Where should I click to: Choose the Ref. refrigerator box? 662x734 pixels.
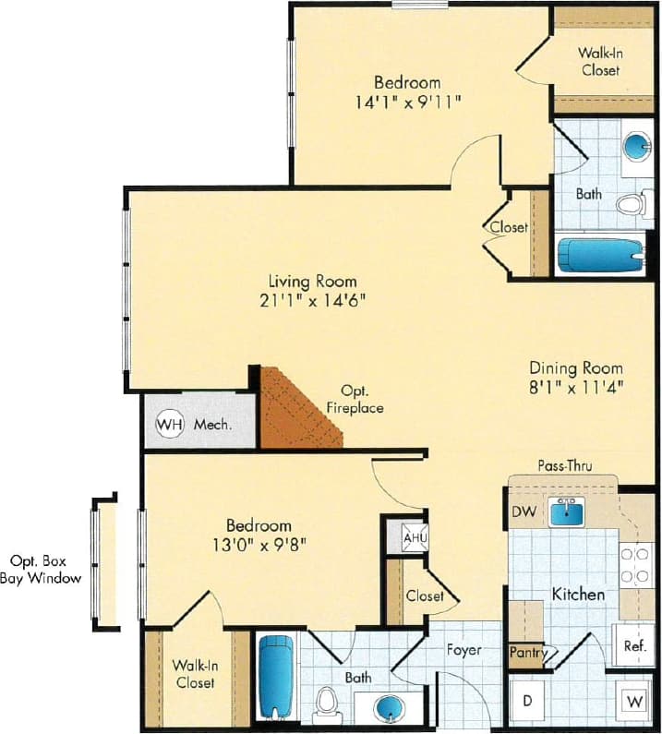click(x=634, y=645)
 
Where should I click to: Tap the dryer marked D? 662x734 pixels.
click(x=528, y=701)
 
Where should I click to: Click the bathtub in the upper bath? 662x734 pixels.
click(x=600, y=254)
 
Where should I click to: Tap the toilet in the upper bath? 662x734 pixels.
click(x=631, y=204)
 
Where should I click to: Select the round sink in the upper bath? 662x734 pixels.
click(x=634, y=147)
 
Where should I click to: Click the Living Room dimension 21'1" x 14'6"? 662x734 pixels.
click(x=312, y=301)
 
